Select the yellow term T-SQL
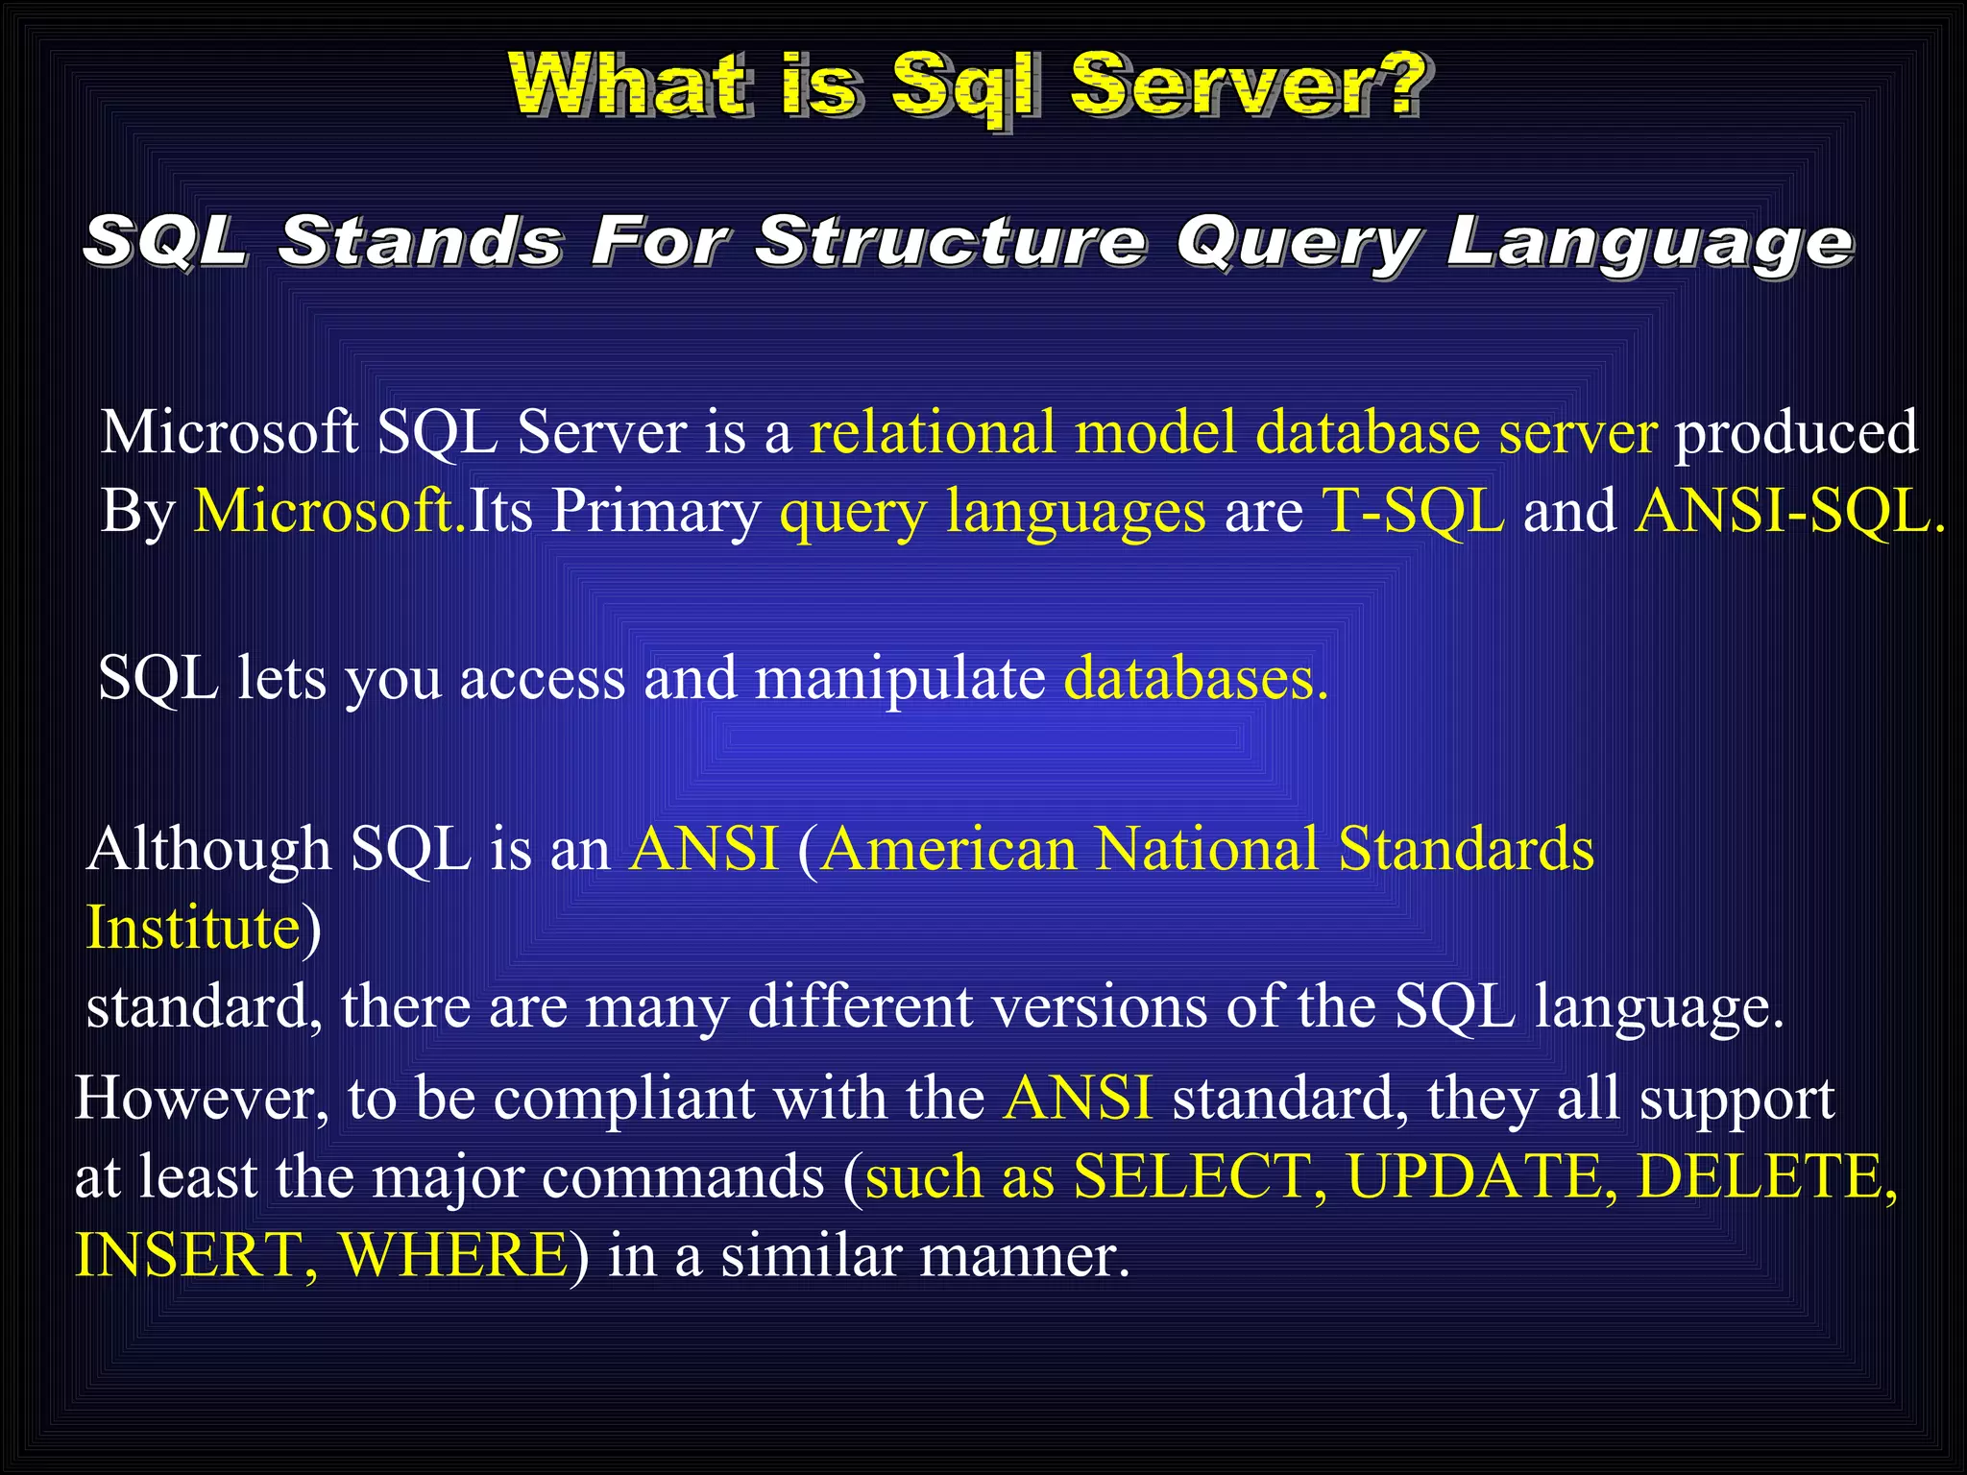(1413, 510)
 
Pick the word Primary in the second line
(656, 512)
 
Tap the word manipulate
(900, 680)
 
